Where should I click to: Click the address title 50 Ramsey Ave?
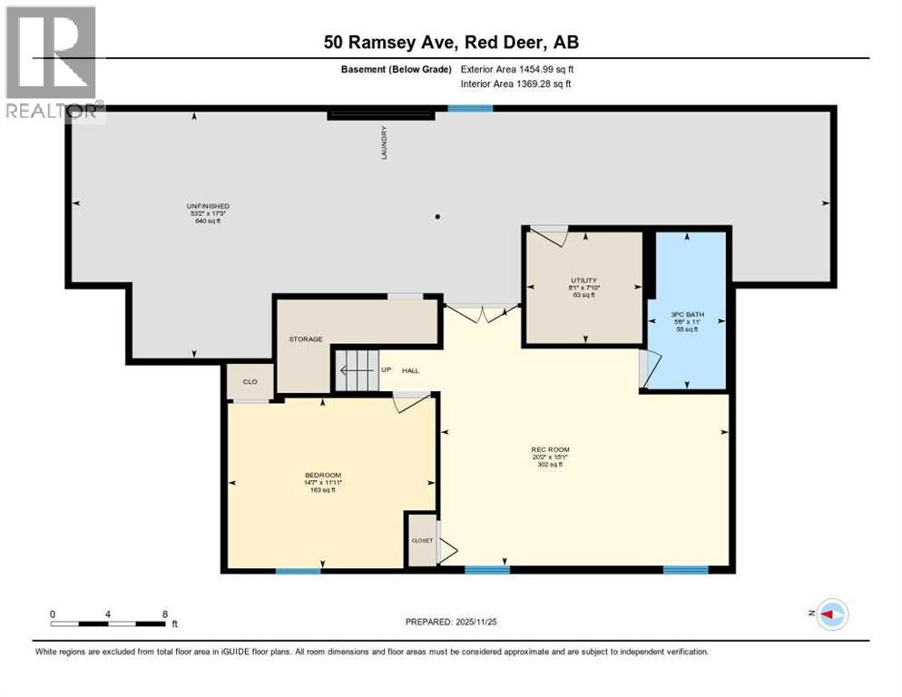click(450, 42)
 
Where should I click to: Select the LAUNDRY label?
click(385, 144)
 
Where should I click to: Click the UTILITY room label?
click(583, 280)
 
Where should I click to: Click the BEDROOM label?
click(322, 476)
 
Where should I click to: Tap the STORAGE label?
click(306, 339)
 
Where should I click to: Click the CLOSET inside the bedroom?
click(422, 540)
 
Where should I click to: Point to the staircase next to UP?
click(357, 370)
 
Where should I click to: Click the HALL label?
click(411, 370)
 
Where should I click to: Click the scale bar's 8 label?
click(164, 614)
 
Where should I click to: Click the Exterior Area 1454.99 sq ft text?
click(517, 69)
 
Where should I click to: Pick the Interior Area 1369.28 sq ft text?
click(516, 84)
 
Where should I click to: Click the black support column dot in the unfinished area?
click(437, 217)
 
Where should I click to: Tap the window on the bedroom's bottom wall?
click(298, 571)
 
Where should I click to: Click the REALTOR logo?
click(52, 62)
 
